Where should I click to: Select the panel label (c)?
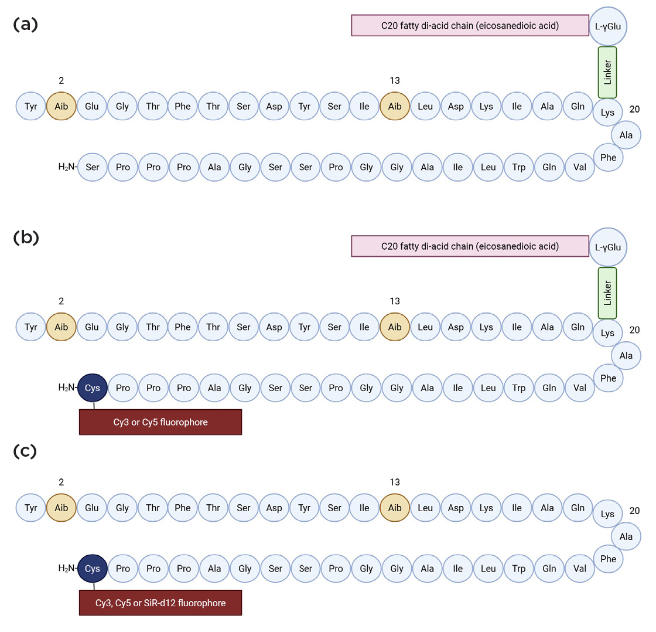[x=25, y=451]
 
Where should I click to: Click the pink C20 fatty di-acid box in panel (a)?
[x=470, y=26]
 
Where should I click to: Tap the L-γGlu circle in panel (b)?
[x=608, y=247]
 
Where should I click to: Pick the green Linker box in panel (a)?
[x=607, y=72]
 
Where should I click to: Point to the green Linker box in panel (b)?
[x=607, y=293]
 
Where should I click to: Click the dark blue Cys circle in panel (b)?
[x=93, y=387]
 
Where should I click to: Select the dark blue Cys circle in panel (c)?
[x=93, y=568]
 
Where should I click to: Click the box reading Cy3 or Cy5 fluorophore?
[x=160, y=422]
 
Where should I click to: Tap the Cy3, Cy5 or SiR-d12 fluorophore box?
[x=160, y=602]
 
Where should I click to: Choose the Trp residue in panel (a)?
[x=518, y=167]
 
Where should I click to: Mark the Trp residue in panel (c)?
[x=518, y=568]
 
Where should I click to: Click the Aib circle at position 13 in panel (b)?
[x=395, y=327]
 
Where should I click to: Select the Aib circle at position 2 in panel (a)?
[x=61, y=106]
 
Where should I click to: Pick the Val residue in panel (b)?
[x=579, y=387]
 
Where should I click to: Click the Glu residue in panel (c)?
[x=92, y=508]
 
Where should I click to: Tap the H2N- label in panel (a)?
[x=67, y=167]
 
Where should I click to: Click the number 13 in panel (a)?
[x=395, y=80]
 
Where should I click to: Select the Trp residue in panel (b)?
[x=518, y=387]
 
